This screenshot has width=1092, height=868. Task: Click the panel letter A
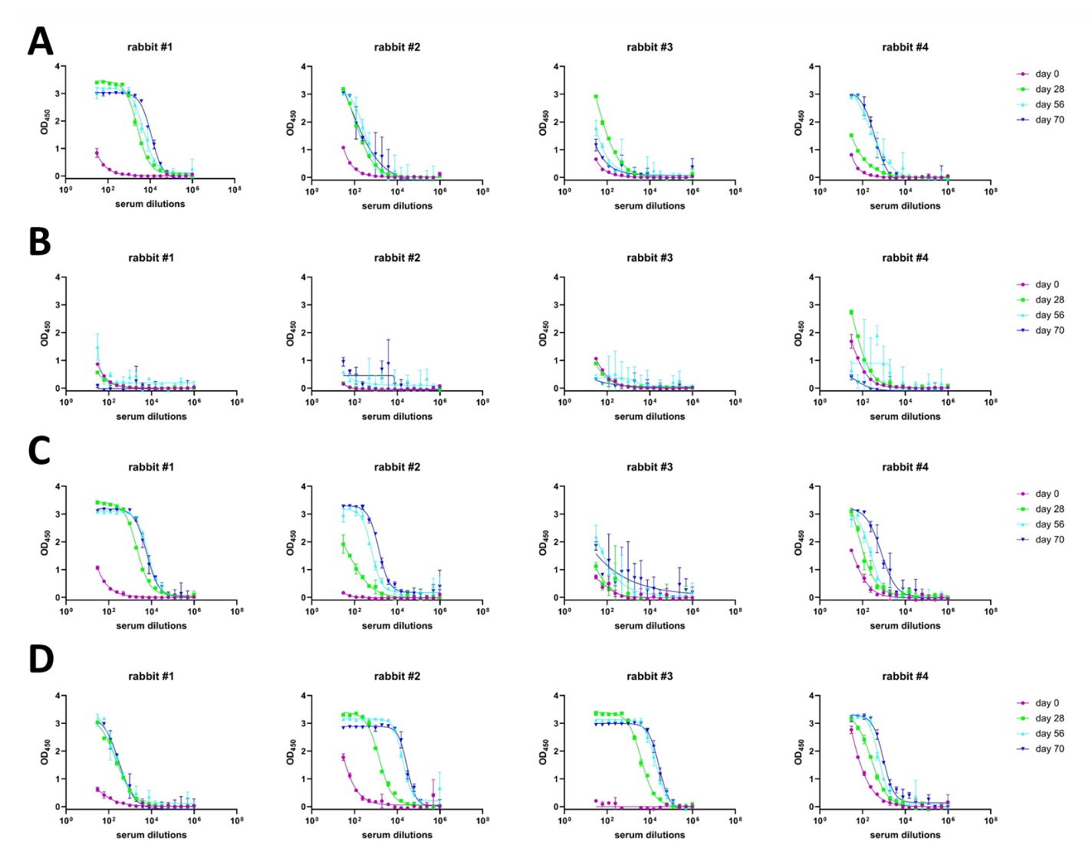(41, 41)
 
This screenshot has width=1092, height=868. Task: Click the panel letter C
(39, 451)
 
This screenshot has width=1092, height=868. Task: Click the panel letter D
(41, 659)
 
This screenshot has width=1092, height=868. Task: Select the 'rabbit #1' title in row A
(150, 47)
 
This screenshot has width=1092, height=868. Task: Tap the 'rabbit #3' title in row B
(650, 258)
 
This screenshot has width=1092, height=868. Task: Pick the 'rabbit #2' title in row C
(397, 467)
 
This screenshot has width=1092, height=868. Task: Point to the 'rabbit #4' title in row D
(905, 676)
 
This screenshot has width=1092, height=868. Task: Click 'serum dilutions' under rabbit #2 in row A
(397, 205)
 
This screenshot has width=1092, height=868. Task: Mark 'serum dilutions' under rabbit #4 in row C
(905, 626)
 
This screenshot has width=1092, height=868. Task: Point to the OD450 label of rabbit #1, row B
(45, 334)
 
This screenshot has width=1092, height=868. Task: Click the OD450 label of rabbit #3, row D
(544, 752)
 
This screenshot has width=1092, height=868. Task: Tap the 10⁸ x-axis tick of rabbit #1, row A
(234, 190)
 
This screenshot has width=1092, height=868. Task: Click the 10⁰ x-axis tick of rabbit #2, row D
(312, 820)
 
